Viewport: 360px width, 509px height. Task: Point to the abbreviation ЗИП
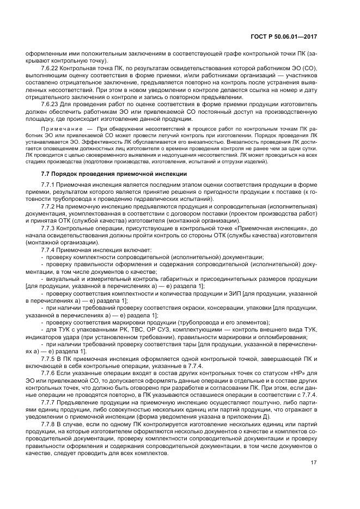tap(235, 293)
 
